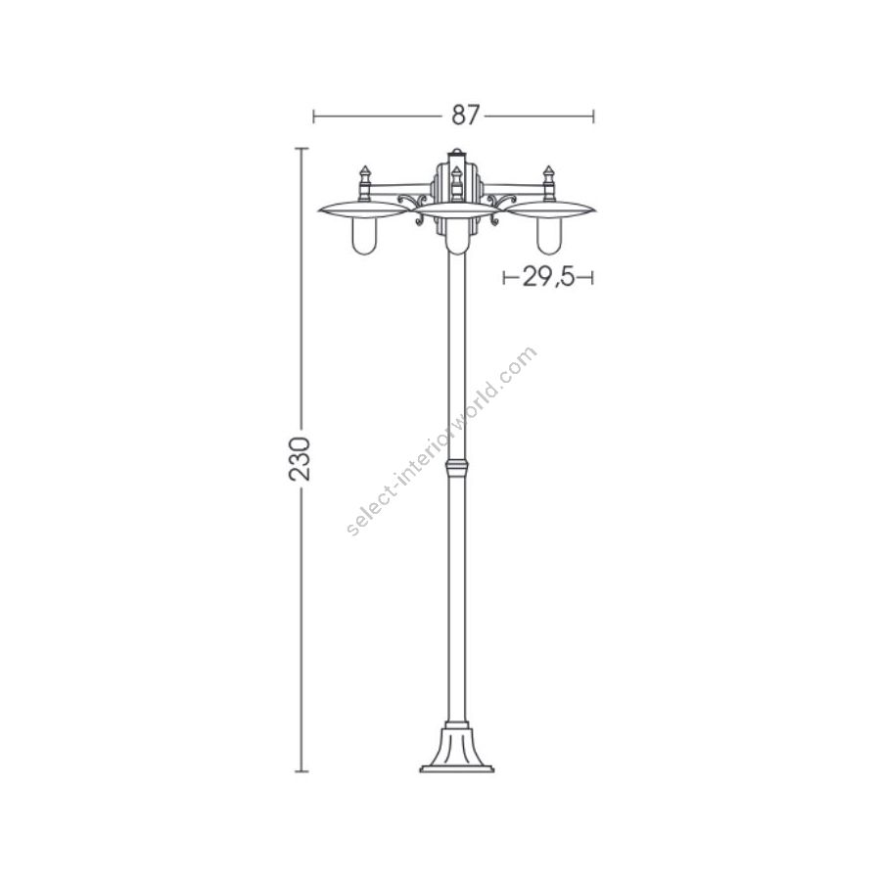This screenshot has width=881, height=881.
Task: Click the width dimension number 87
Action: click(466, 116)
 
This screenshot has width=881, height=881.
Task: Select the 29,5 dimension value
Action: click(548, 276)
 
